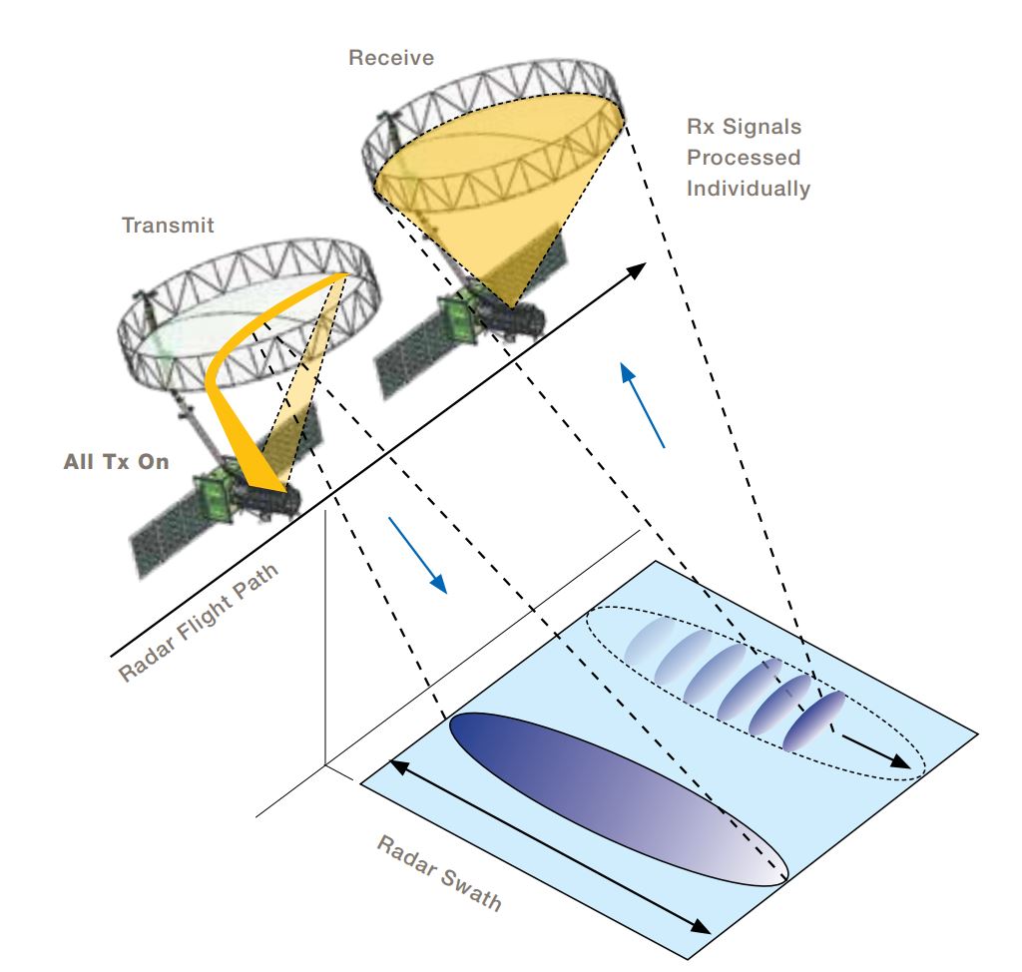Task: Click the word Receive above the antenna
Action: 390,58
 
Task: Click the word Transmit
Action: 168,226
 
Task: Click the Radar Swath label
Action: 439,873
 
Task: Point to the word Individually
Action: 748,189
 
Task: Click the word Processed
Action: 744,158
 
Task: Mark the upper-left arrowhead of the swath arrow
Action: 398,765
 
